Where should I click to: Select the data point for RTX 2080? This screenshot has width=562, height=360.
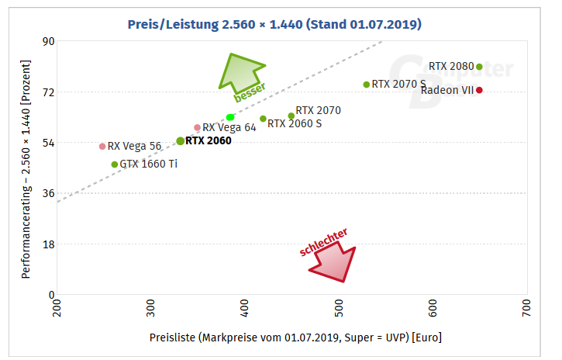pyautogui.click(x=479, y=67)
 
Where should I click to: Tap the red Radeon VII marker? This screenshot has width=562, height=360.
pyautogui.click(x=479, y=90)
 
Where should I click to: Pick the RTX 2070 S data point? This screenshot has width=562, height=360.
pyautogui.click(x=367, y=85)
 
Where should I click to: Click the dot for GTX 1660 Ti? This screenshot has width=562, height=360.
pyautogui.click(x=115, y=164)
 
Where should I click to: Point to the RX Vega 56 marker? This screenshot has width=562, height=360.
pyautogui.click(x=102, y=146)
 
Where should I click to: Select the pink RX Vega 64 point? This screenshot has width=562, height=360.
pyautogui.click(x=197, y=128)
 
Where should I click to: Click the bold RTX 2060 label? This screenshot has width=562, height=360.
pyautogui.click(x=209, y=141)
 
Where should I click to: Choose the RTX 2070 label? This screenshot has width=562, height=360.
pyautogui.click(x=318, y=111)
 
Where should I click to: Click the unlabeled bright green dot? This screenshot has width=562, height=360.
pyautogui.click(x=230, y=117)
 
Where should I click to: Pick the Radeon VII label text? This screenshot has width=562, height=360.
pyautogui.click(x=446, y=91)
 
